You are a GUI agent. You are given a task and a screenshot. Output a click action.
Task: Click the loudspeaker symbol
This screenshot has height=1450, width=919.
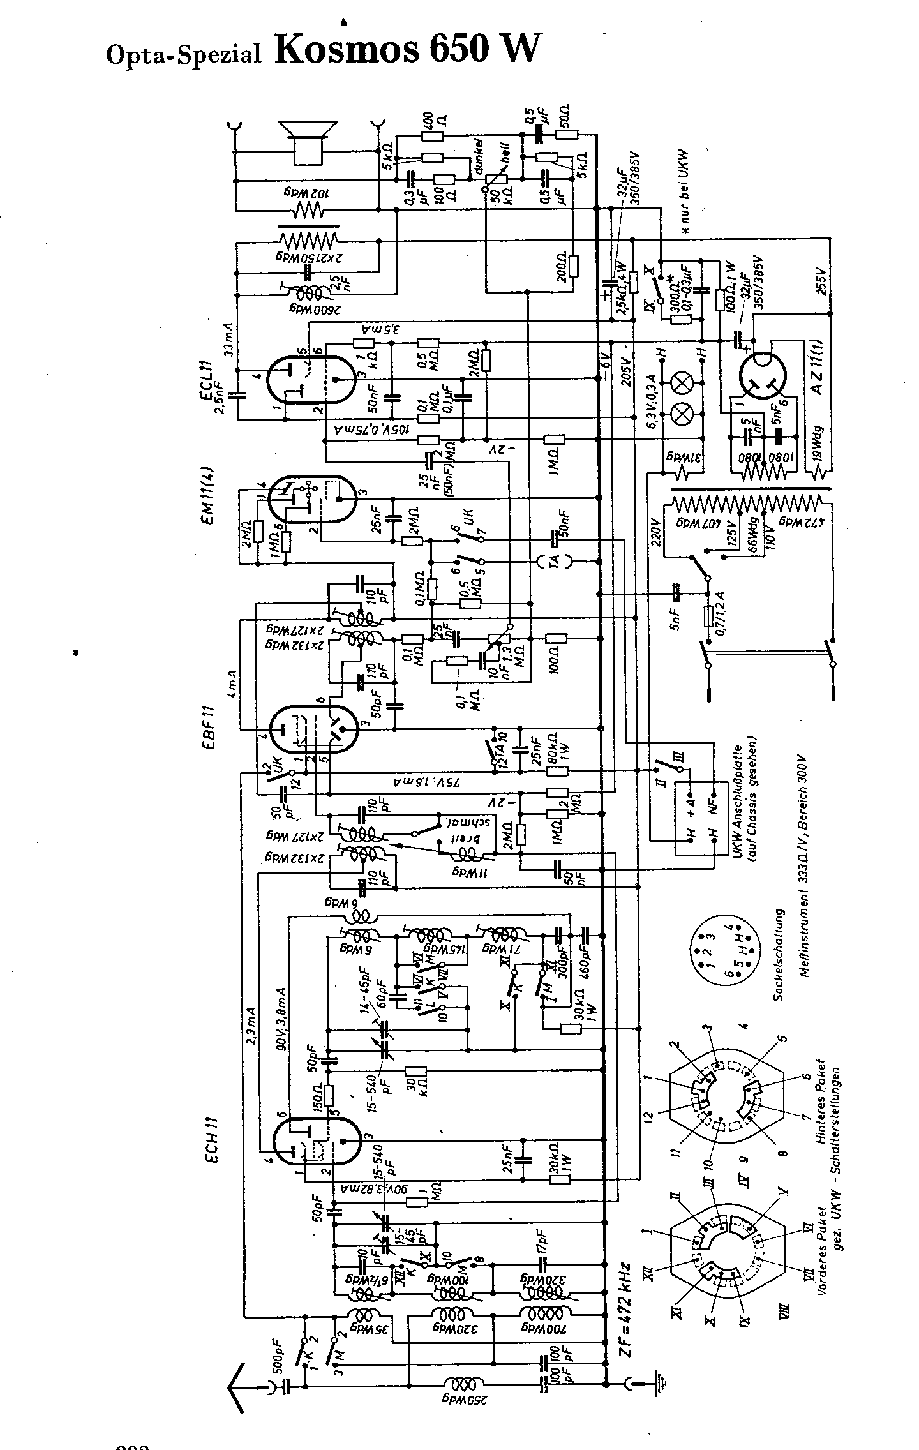[x=310, y=141]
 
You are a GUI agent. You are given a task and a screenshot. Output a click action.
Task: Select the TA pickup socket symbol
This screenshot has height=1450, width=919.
[x=553, y=562]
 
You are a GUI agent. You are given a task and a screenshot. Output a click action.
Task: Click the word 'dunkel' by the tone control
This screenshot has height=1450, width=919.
[x=479, y=157]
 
